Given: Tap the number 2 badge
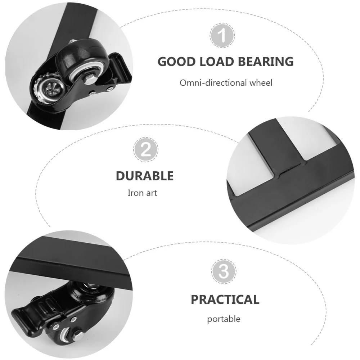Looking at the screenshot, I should tap(145, 150).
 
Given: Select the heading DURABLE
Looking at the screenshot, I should tap(144, 176).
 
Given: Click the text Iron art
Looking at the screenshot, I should tap(143, 193).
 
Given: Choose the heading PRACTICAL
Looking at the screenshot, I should tap(225, 299).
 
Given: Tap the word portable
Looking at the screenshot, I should tap(224, 319).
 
